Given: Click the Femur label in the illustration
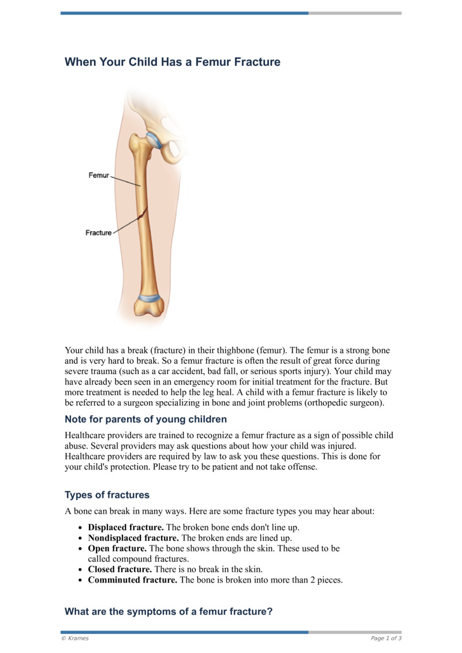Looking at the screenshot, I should coord(98,175).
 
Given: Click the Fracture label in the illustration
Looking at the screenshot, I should coord(98,233).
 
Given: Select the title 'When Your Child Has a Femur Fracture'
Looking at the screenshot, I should coord(172,62).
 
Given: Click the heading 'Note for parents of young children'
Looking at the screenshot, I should coord(146,419).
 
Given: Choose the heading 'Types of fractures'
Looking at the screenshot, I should coord(107,495).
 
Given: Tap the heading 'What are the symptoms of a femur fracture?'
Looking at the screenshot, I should coord(168,611).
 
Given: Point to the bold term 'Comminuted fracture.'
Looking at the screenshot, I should coord(132,580).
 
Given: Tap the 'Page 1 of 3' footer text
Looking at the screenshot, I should coord(386,638).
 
